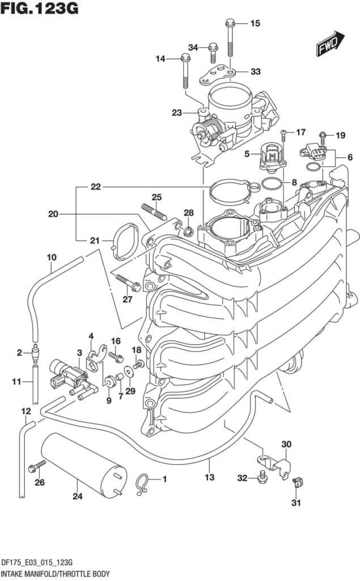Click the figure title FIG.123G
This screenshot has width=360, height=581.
(x=39, y=9)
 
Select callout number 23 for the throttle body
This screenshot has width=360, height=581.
(x=177, y=113)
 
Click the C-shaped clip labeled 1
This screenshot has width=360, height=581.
(x=143, y=482)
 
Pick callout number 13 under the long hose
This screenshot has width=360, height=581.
(x=210, y=477)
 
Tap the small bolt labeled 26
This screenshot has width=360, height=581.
(x=36, y=468)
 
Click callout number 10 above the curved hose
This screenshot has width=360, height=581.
(x=51, y=257)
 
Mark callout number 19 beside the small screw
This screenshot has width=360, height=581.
(x=340, y=135)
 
